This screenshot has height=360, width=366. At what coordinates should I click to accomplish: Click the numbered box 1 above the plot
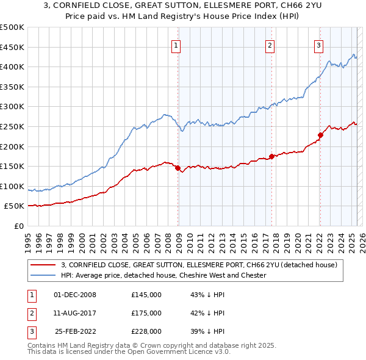[x=176, y=44]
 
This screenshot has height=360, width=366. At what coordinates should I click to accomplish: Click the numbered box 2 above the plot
[x=270, y=44]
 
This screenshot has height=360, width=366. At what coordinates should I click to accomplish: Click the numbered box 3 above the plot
[x=318, y=44]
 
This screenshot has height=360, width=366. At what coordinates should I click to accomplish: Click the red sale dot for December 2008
[x=178, y=168]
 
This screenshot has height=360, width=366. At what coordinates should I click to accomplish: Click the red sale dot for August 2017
[x=271, y=156]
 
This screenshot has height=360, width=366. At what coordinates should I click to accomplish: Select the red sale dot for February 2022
[x=320, y=135]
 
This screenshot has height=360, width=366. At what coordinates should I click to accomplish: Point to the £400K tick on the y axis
[x=12, y=67]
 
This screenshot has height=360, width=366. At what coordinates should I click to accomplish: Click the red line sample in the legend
[x=44, y=265]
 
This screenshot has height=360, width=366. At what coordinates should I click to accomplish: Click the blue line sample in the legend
[x=44, y=275]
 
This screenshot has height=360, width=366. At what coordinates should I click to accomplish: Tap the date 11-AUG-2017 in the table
[x=75, y=313]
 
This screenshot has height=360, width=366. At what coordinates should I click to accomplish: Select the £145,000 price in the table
[x=146, y=295]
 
